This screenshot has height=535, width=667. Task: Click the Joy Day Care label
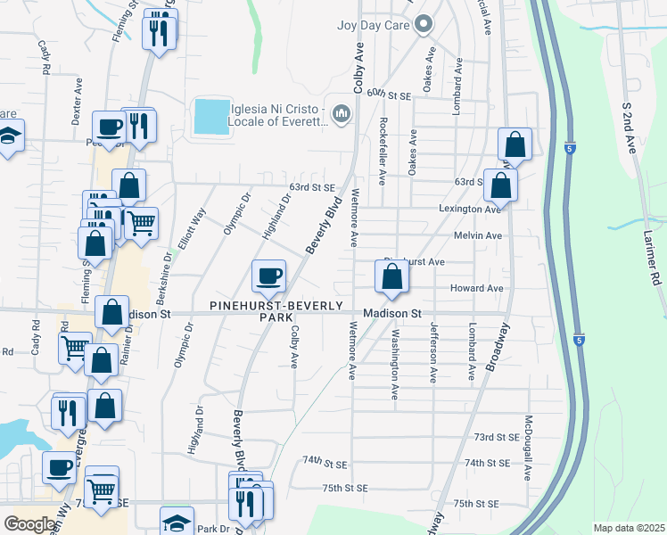[x=372, y=24]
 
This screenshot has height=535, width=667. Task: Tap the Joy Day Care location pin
[x=423, y=24]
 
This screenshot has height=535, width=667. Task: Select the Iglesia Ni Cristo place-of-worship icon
[x=341, y=113]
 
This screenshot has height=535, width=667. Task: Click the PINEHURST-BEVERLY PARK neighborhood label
[x=276, y=311]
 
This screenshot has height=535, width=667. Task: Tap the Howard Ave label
[x=476, y=288]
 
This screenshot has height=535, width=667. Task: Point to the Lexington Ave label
[x=468, y=209]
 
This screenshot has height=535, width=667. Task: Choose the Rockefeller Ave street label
[x=383, y=152]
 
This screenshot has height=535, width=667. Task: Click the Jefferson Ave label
[x=433, y=353]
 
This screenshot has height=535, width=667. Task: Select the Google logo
[x=29, y=523]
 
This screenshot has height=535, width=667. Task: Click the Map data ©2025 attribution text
[x=628, y=528]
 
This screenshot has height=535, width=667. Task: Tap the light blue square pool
[x=210, y=115]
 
